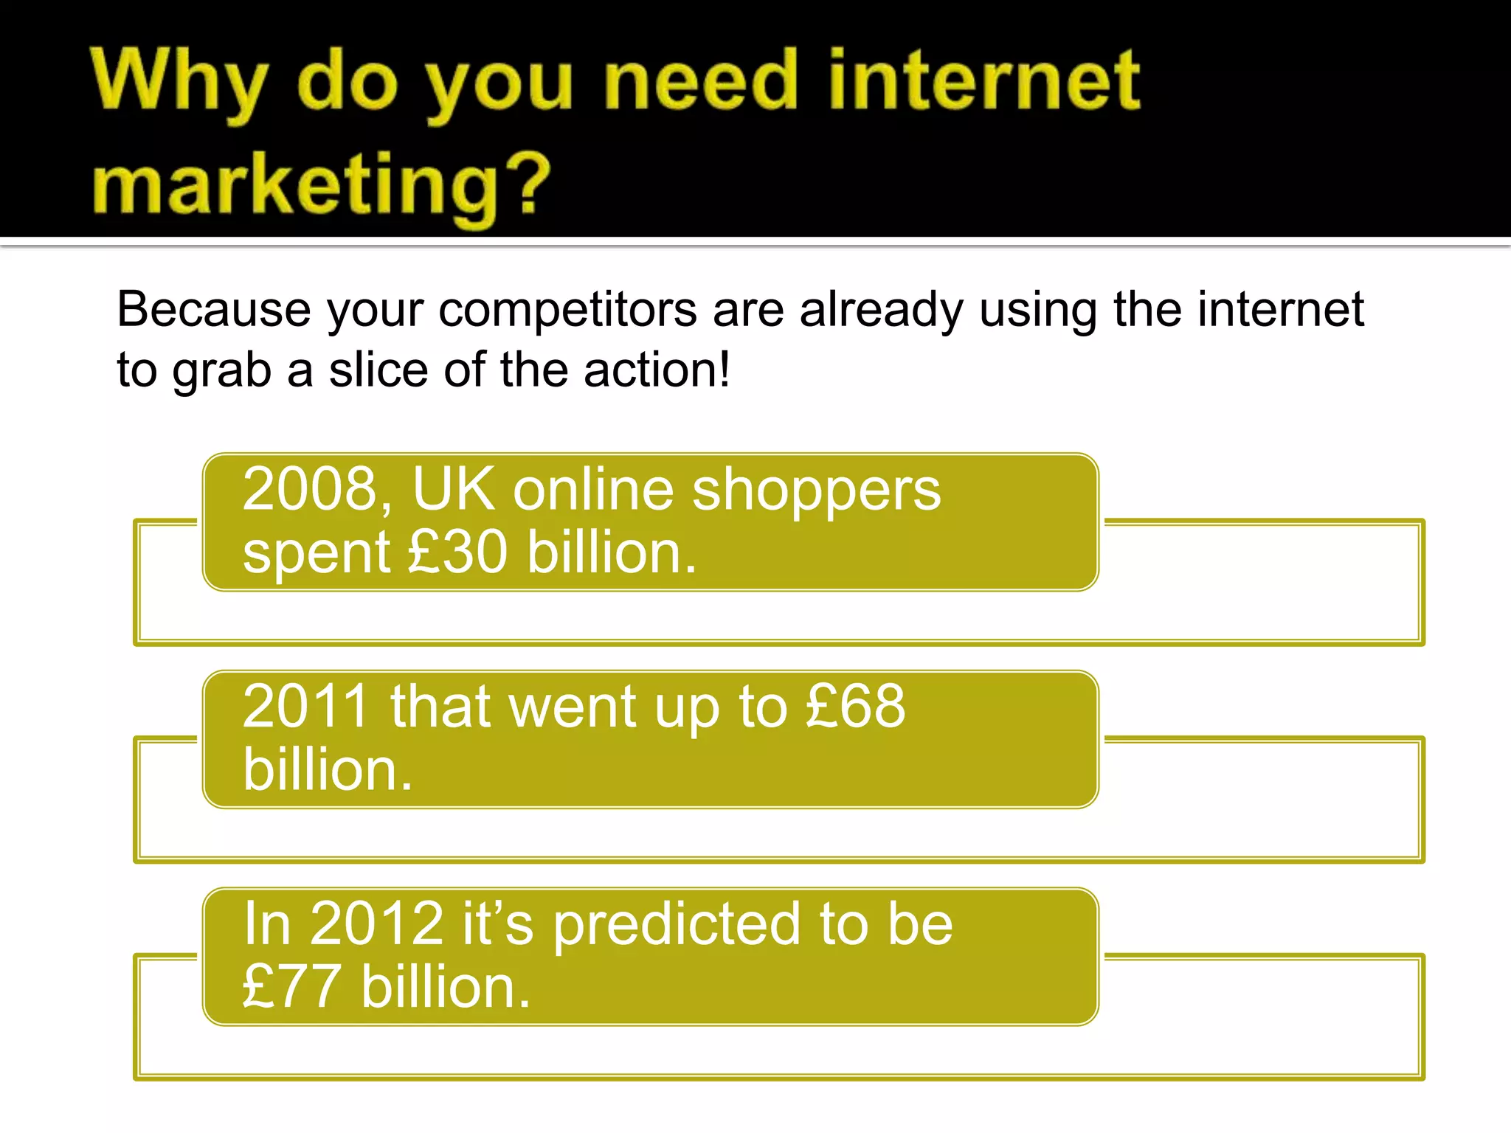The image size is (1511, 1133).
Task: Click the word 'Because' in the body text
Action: coord(214,309)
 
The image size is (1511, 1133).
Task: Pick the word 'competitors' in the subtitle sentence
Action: coord(567,311)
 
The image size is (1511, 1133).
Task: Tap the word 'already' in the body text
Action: coord(882,311)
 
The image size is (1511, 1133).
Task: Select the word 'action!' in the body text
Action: coord(657,370)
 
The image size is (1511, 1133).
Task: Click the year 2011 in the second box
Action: coord(305,707)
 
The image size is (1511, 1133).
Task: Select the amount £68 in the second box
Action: coord(855,707)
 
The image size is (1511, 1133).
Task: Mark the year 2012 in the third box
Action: coord(376,924)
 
